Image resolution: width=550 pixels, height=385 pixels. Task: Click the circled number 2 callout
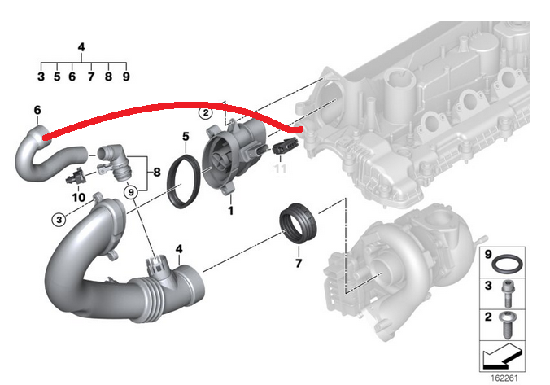206,112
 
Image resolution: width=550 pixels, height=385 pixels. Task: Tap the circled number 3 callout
59,220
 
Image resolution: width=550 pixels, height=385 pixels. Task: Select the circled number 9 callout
131,192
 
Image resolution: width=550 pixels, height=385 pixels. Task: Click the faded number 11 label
280,168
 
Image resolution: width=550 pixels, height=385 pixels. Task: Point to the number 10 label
79,197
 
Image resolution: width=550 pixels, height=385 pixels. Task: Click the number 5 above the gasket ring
186,137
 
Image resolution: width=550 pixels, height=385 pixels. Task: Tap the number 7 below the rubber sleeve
299,263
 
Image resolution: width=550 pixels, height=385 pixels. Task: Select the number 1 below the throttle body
230,211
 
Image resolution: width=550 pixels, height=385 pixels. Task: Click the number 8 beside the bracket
157,172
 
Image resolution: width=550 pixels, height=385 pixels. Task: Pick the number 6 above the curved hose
37,110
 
